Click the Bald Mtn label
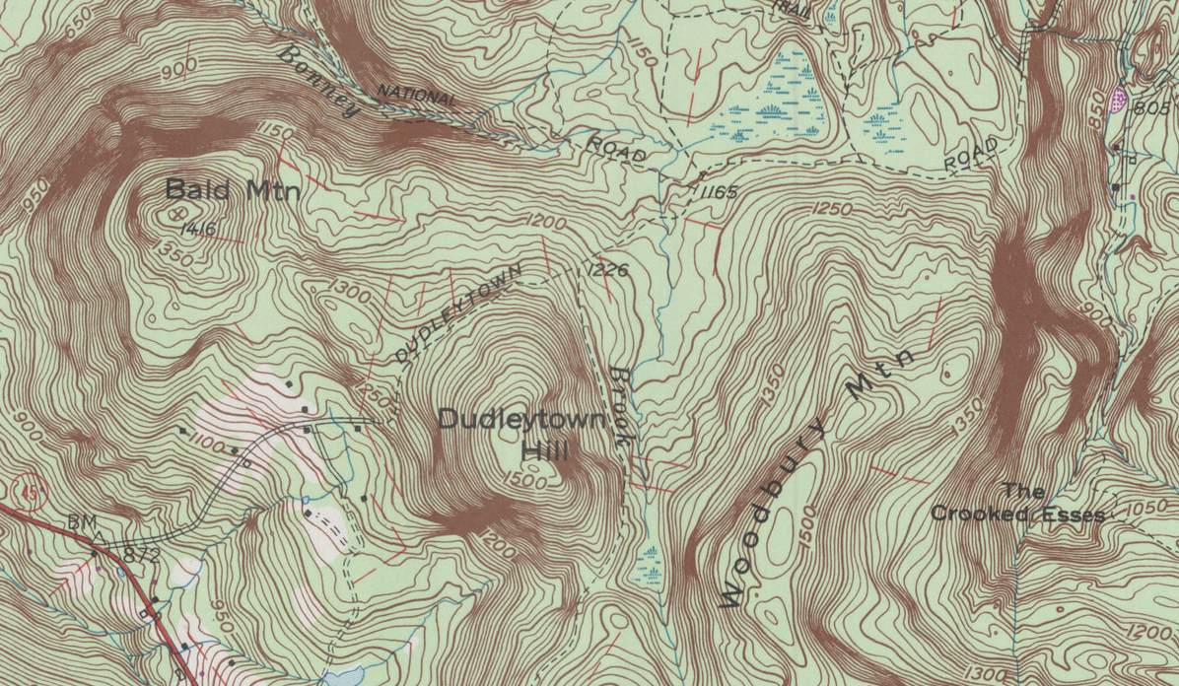point(232,189)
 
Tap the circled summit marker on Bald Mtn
point(176,212)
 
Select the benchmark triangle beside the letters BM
point(99,538)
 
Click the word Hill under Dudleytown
point(545,451)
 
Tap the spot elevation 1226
point(607,269)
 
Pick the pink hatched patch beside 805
point(1119,97)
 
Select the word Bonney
point(317,81)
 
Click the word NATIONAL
point(417,97)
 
